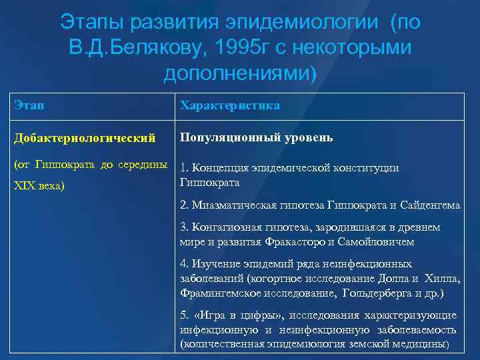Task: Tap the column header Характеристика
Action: click(229, 106)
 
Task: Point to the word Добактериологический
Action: click(84, 137)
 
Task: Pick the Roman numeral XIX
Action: click(25, 185)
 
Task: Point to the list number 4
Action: click(184, 264)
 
